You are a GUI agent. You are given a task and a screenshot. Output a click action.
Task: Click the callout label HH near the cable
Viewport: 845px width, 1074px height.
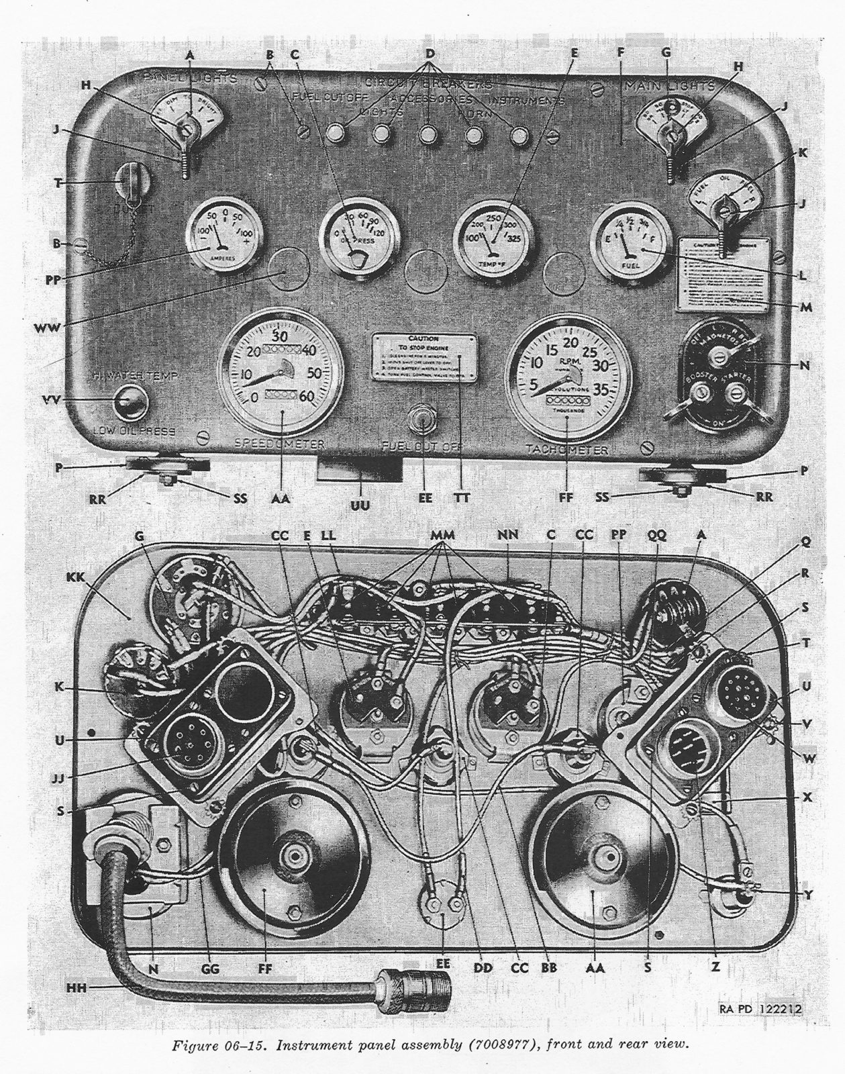[x=77, y=987]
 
